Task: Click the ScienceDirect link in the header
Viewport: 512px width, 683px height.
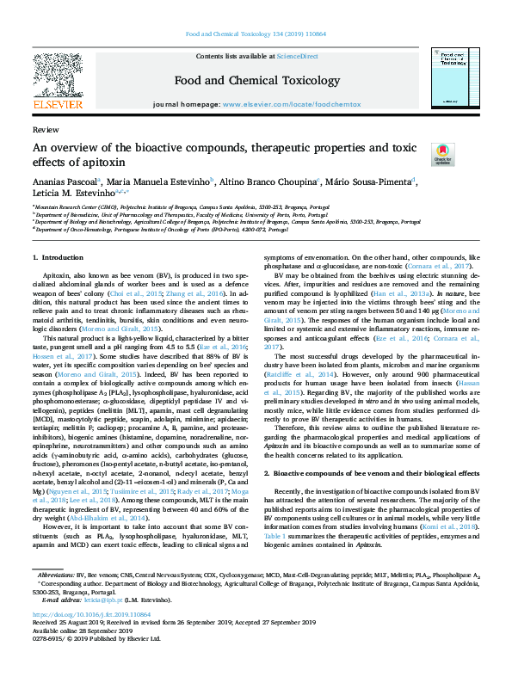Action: point(298,56)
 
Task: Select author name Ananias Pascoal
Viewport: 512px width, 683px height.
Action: point(64,182)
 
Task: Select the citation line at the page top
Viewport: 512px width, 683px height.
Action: point(256,35)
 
